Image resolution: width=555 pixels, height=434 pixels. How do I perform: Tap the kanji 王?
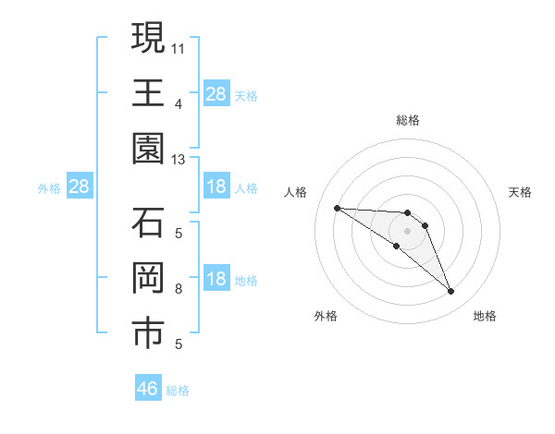(x=148, y=94)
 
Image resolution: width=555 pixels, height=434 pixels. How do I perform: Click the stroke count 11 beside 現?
(x=179, y=46)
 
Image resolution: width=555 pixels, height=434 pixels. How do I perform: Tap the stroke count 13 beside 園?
(x=179, y=160)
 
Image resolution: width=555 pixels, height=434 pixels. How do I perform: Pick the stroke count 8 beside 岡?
(x=179, y=289)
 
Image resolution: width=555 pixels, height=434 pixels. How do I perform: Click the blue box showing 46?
(x=148, y=389)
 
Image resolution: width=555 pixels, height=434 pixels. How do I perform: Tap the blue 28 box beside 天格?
(x=216, y=94)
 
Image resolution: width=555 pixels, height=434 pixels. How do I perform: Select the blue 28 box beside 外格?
(x=79, y=187)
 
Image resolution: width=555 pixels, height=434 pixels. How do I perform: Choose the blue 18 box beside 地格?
(x=216, y=280)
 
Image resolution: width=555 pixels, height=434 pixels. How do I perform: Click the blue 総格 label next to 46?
(x=178, y=391)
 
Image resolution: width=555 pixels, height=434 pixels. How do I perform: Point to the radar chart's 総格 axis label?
(x=407, y=120)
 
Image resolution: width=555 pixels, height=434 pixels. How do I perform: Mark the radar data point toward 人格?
(x=337, y=208)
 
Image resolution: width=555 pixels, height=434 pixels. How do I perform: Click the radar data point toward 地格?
(x=450, y=292)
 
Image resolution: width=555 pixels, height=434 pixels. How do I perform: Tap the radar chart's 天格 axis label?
(x=521, y=192)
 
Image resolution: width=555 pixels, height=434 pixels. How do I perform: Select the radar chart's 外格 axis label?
(x=326, y=316)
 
